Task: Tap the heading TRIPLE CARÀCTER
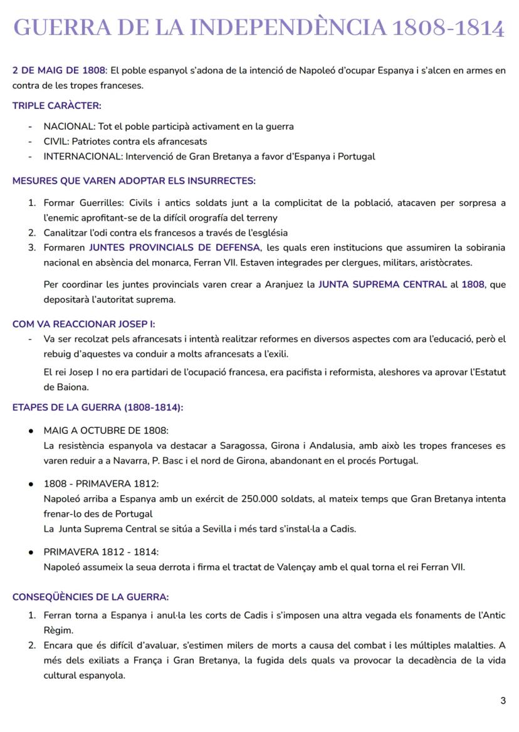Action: pos(56,106)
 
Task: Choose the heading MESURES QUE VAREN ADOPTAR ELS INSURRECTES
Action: pos(134,181)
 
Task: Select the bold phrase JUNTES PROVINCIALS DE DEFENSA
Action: pos(174,247)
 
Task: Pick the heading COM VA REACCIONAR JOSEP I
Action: pos(83,324)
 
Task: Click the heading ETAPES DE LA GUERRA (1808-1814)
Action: pos(97,408)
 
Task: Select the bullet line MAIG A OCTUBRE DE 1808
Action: pos(106,431)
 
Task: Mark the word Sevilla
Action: pos(217,529)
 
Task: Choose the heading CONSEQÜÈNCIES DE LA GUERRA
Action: pos(90,597)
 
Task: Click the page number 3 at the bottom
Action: pos(503,701)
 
